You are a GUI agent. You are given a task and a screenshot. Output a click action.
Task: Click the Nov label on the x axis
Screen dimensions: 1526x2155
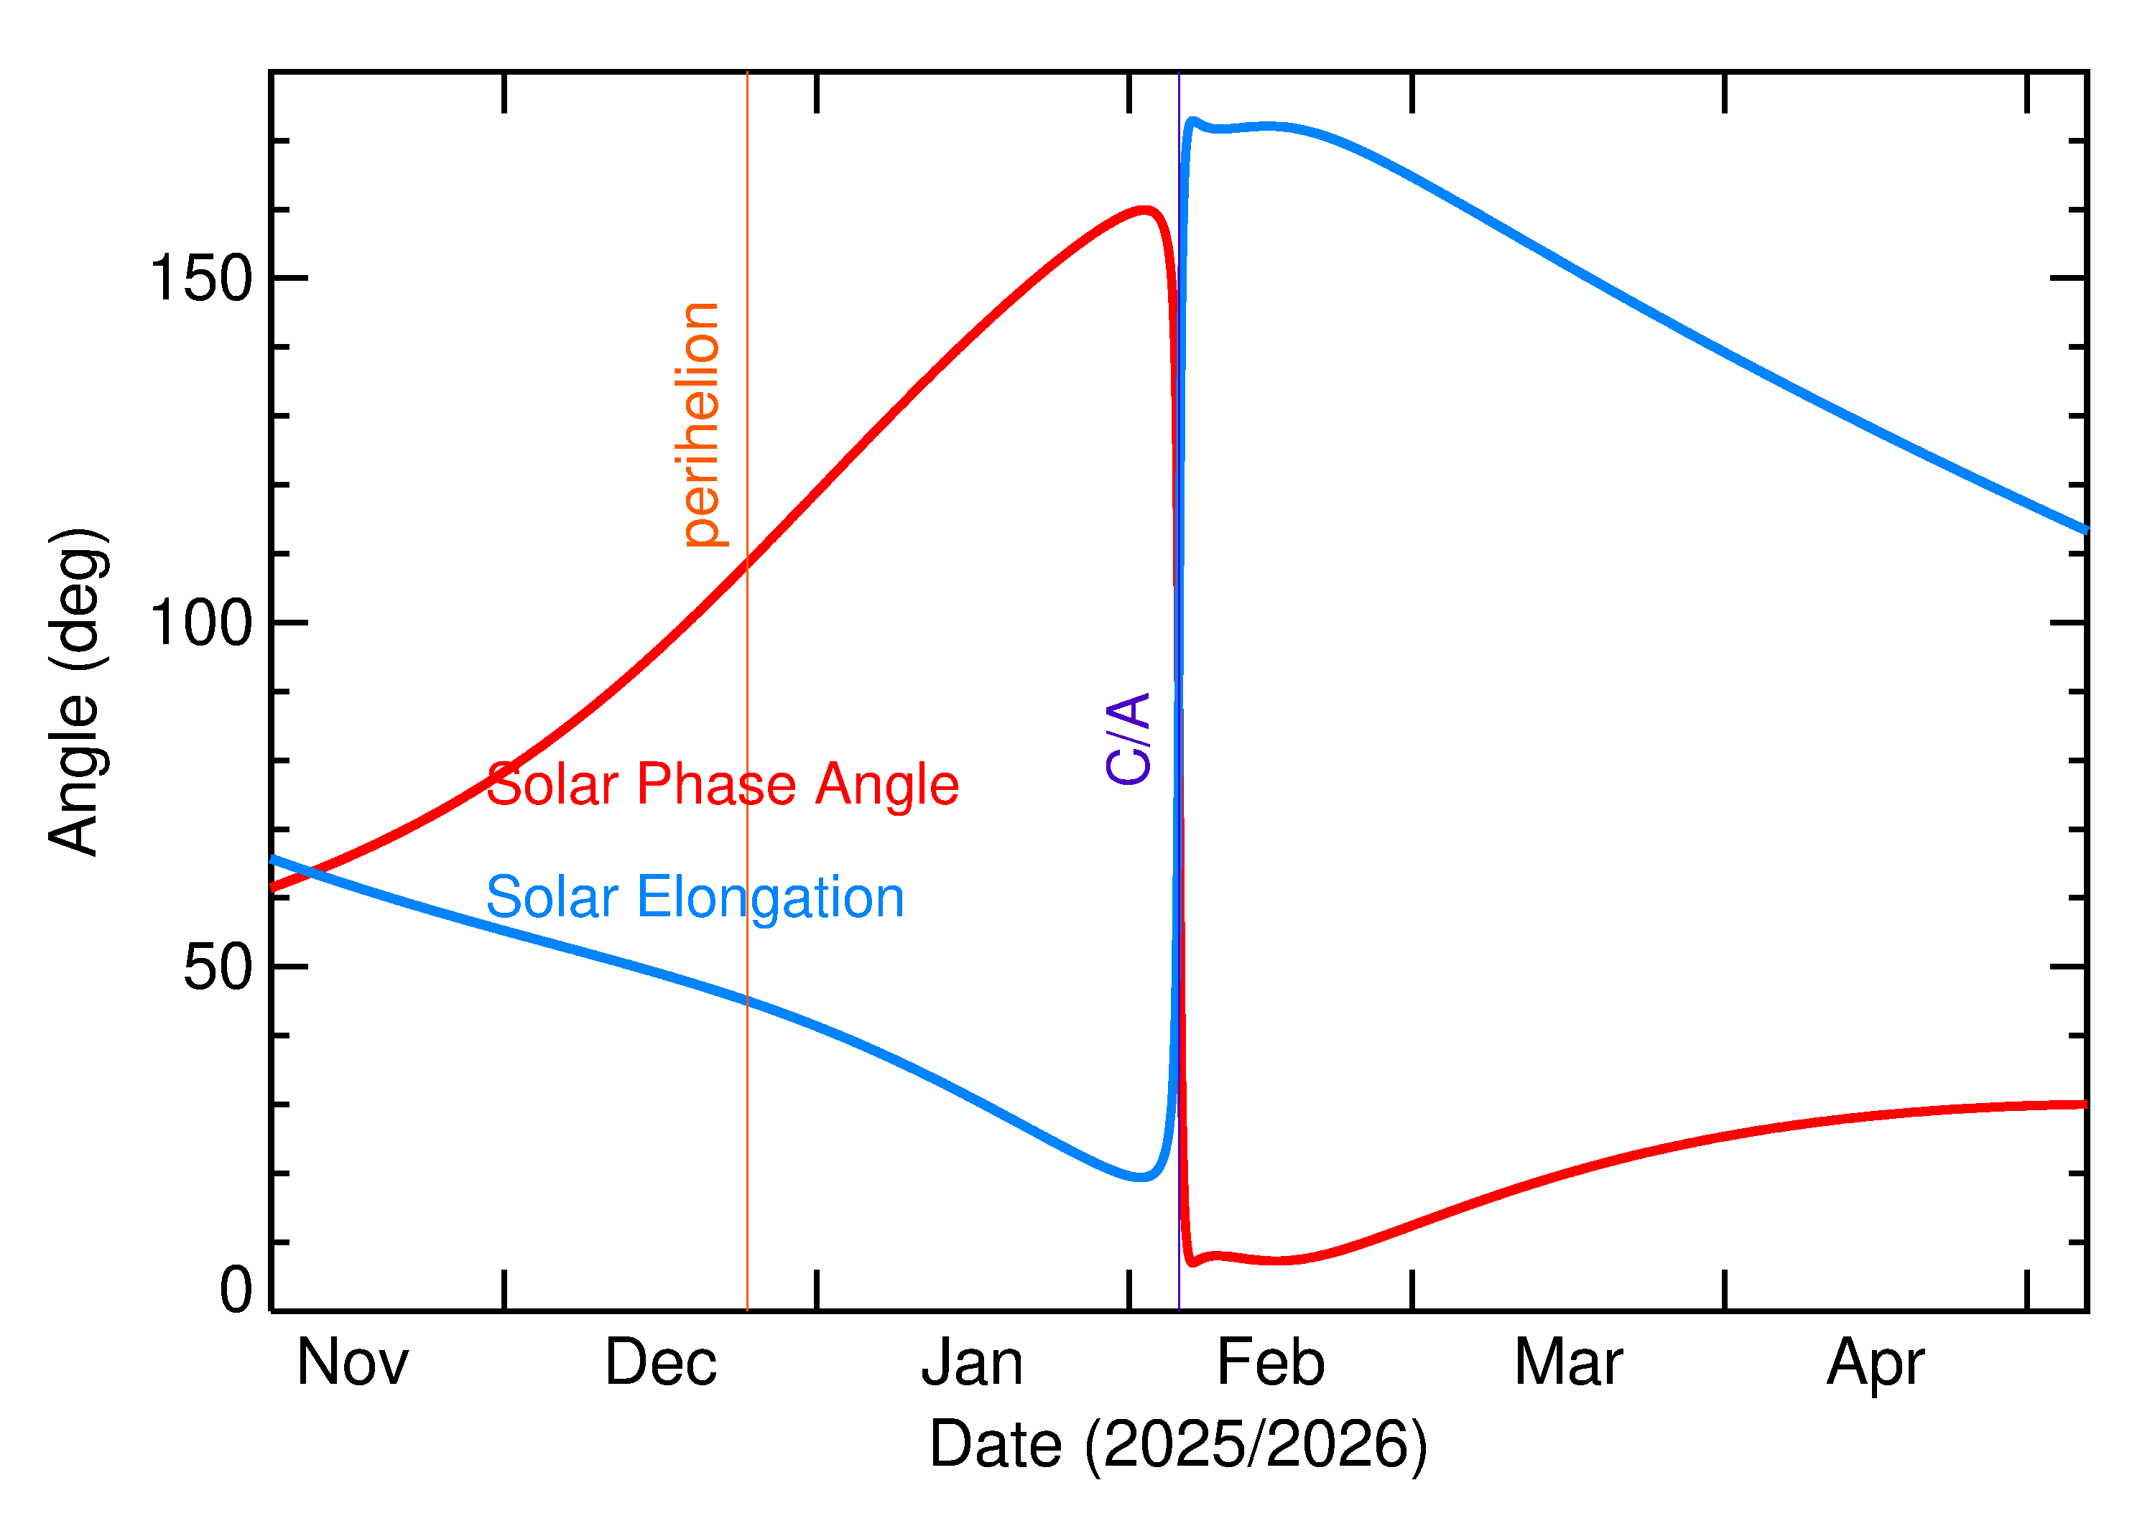[x=353, y=1364]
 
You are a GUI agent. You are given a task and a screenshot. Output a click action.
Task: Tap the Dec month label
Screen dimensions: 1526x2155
[x=661, y=1364]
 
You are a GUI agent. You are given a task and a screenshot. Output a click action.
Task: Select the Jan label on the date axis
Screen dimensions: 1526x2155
[x=972, y=1364]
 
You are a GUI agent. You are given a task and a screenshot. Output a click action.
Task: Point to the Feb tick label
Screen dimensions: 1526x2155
[x=1271, y=1364]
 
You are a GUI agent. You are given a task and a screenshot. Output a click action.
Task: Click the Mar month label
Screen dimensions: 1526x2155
[x=1569, y=1364]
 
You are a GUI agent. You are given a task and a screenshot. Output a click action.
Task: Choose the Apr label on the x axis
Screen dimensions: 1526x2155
[x=1876, y=1364]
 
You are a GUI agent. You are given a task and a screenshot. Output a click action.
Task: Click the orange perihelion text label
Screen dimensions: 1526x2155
[x=701, y=424]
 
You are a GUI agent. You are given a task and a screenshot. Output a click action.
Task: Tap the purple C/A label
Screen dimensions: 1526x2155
[x=1129, y=738]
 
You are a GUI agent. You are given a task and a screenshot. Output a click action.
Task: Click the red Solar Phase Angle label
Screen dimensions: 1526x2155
[x=722, y=785]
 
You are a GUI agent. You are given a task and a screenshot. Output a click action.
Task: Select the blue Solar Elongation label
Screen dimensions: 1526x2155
[x=695, y=898]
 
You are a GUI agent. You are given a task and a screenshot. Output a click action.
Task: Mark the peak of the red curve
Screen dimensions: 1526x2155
[x=1146, y=210]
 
